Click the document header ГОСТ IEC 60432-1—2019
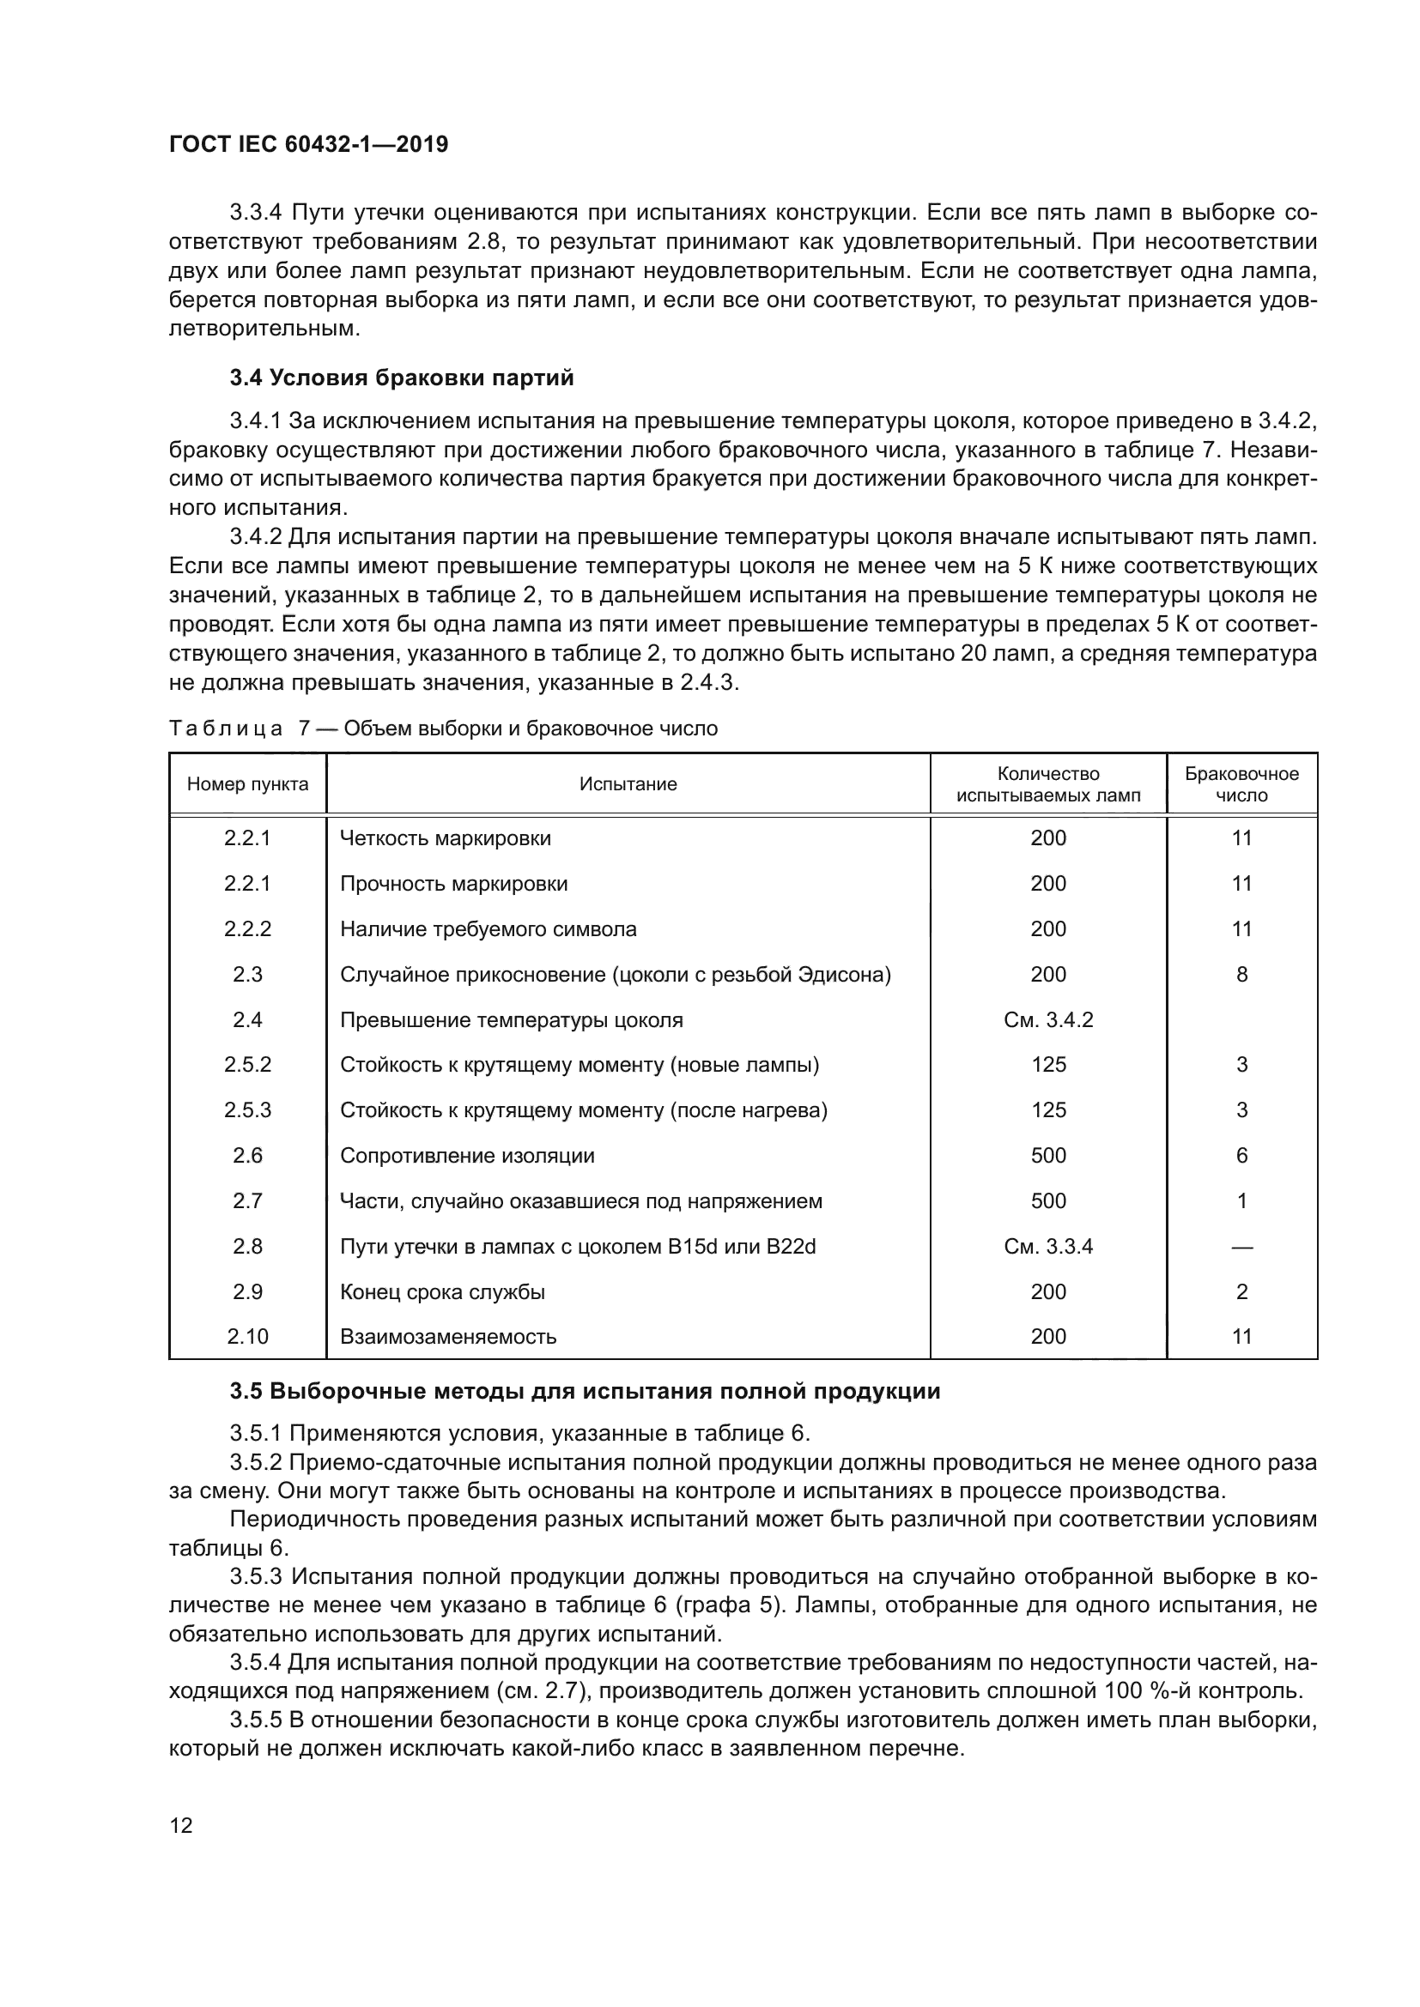[308, 144]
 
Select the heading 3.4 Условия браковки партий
[402, 378]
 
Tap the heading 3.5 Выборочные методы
[585, 1391]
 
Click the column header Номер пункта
[247, 784]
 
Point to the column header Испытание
[628, 784]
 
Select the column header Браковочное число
[1241, 784]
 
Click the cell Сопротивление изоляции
[467, 1156]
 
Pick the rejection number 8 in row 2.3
[1241, 975]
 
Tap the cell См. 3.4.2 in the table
[1048, 1020]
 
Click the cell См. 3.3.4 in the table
[1048, 1247]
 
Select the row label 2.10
[247, 1337]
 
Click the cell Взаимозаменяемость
[447, 1337]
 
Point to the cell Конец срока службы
[442, 1292]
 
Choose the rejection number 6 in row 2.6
[1241, 1156]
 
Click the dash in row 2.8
[1241, 1248]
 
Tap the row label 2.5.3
[247, 1110]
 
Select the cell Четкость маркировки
[445, 838]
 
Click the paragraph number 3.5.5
[255, 1720]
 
